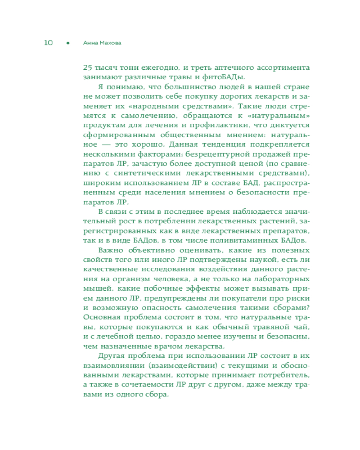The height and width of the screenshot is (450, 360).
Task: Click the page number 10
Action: (x=48, y=43)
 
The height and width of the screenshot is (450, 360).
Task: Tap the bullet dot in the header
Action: (x=67, y=43)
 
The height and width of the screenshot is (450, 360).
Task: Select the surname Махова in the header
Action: (x=110, y=43)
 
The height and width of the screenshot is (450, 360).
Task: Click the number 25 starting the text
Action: (x=88, y=68)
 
